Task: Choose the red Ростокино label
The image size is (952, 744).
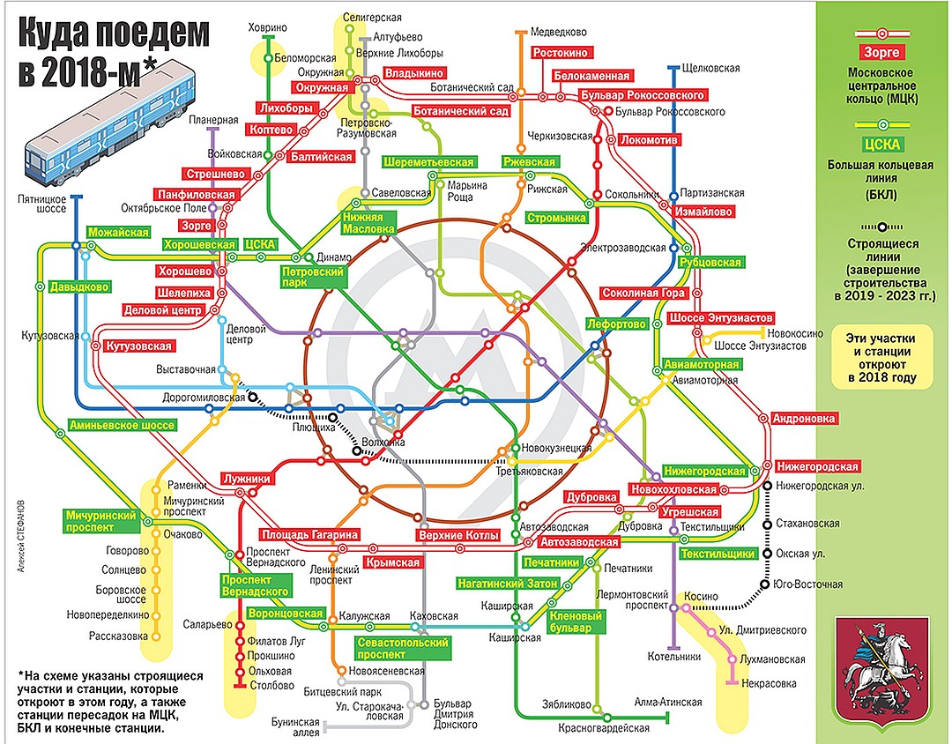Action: pyautogui.click(x=560, y=53)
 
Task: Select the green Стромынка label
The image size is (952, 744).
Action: pyautogui.click(x=556, y=218)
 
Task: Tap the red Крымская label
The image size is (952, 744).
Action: pyautogui.click(x=392, y=562)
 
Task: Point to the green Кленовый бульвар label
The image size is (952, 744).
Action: pyautogui.click(x=576, y=622)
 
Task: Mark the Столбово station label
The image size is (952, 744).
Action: pyautogui.click(x=270, y=684)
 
